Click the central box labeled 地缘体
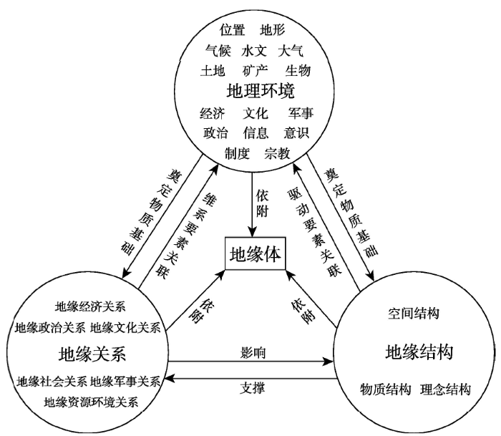(255, 253)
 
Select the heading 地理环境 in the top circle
(261, 91)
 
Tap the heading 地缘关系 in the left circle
(92, 354)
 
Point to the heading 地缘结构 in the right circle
(419, 352)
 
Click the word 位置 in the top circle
(233, 30)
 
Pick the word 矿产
(255, 71)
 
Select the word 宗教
(277, 153)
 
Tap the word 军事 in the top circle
(301, 113)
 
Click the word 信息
(256, 132)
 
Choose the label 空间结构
(414, 314)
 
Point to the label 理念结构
(445, 389)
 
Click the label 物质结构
(385, 389)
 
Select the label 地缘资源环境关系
(91, 402)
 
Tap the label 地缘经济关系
(90, 306)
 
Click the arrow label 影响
(253, 353)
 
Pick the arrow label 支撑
(253, 388)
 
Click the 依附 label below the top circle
(262, 203)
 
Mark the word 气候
(218, 51)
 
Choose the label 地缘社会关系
(52, 382)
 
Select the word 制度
(237, 153)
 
